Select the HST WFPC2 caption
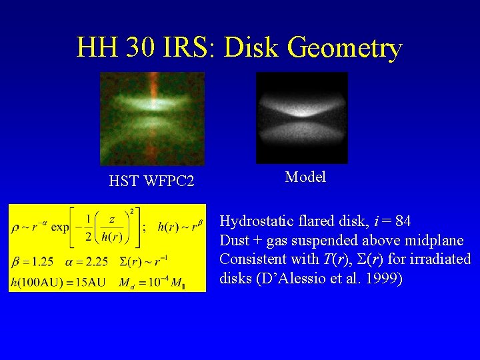tap(151, 181)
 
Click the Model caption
tap(305, 177)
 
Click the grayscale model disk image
tap(302, 117)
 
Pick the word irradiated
tap(439, 259)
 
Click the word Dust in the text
tap(235, 240)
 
